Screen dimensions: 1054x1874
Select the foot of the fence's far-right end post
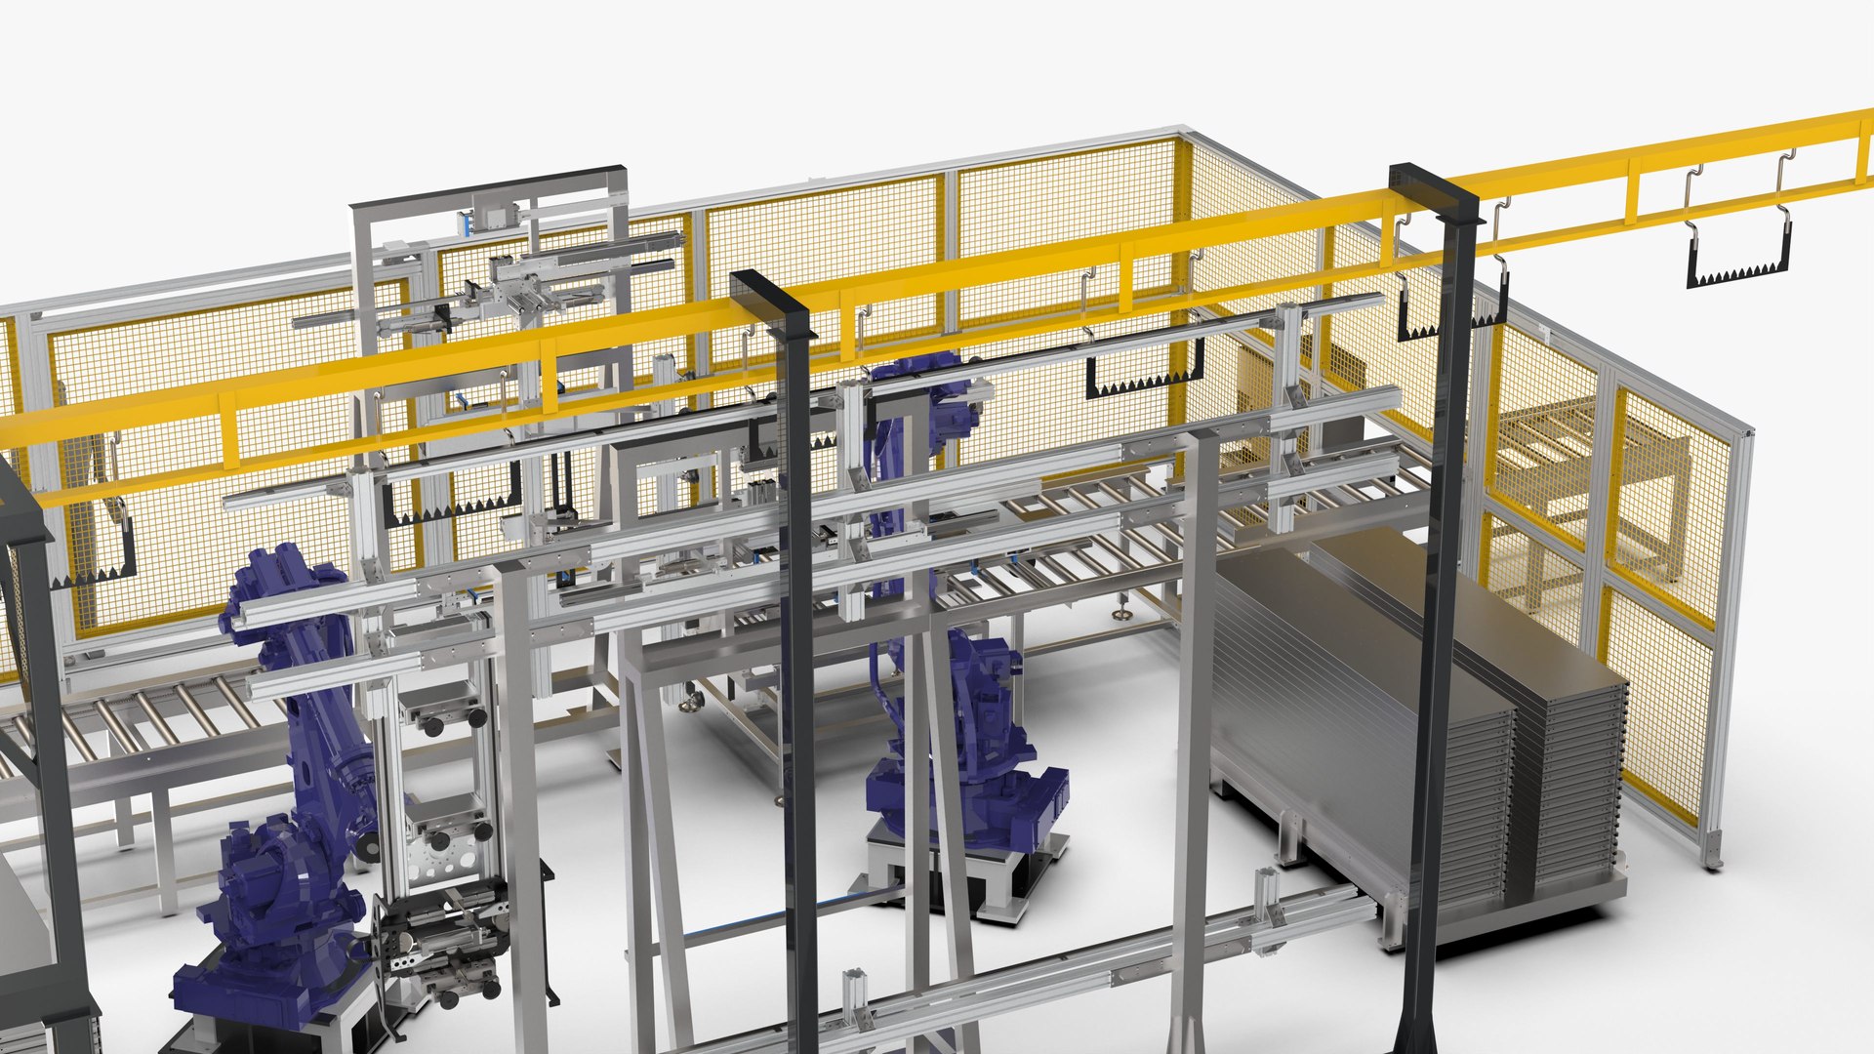[x=1713, y=859]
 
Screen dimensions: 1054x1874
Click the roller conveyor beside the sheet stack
[x=1122, y=527]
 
